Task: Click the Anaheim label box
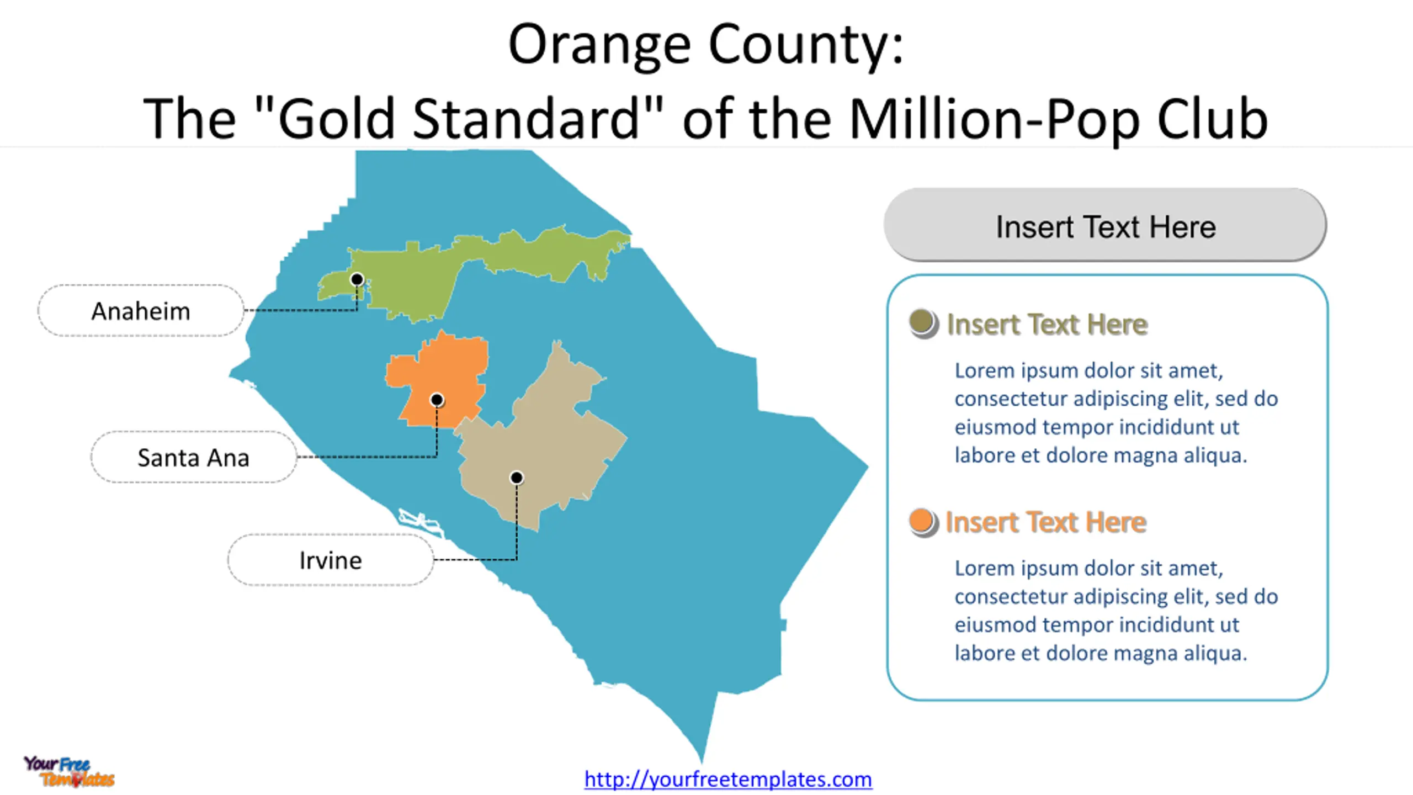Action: pos(141,310)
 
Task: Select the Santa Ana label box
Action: pos(194,457)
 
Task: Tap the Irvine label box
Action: pos(331,560)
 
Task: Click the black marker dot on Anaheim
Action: pos(357,279)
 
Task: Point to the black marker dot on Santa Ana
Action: pos(437,399)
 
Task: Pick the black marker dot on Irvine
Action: pos(517,478)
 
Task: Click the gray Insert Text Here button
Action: pos(1105,225)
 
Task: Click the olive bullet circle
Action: pos(923,324)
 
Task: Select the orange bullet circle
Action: pos(923,522)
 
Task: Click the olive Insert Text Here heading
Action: pos(1047,324)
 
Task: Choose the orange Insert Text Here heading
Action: pos(1046,522)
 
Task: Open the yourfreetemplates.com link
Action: pos(728,779)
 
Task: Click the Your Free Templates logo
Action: pos(69,771)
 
